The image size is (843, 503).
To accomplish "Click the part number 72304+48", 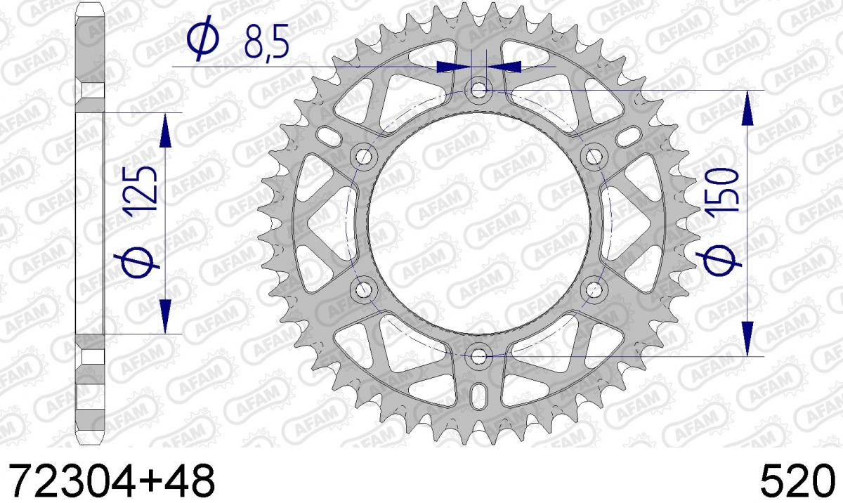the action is pyautogui.click(x=112, y=481).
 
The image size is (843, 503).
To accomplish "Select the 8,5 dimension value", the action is pyautogui.click(x=266, y=41).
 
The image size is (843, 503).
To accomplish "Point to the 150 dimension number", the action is pyautogui.click(x=722, y=194).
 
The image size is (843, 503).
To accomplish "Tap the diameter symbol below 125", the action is pyautogui.click(x=137, y=262).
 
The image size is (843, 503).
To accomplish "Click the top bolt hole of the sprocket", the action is pyautogui.click(x=478, y=91).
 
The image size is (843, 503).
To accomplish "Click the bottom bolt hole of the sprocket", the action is pyautogui.click(x=478, y=356).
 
